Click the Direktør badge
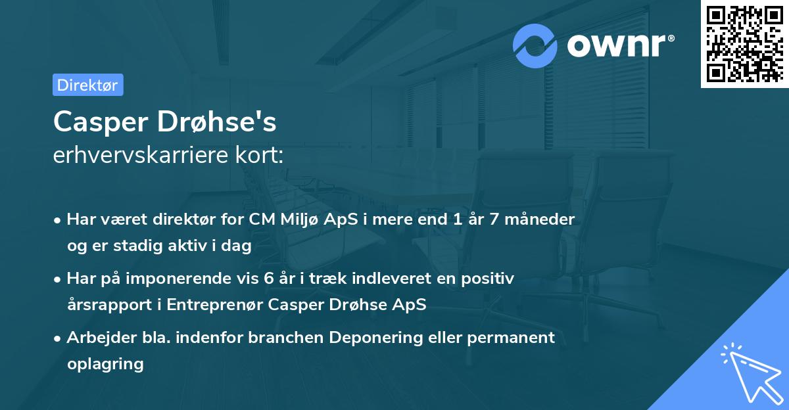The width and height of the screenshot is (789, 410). (x=87, y=85)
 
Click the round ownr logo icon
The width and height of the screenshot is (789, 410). (x=536, y=45)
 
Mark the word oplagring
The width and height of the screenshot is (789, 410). (x=105, y=363)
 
